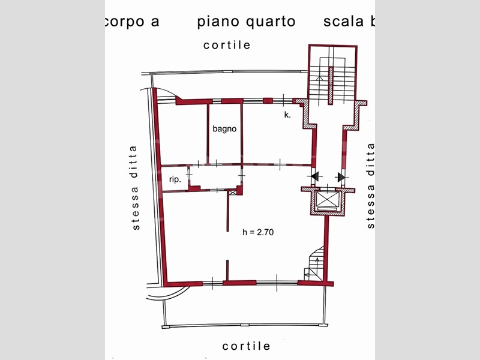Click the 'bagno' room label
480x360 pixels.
[x=224, y=129]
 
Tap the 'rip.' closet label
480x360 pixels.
[x=175, y=179]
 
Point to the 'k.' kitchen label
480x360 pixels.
[x=287, y=115]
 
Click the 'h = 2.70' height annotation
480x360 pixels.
[x=258, y=232]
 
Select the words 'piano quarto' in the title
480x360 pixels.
[x=246, y=22]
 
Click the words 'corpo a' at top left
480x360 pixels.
[x=132, y=22]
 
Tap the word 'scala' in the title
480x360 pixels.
[x=343, y=21]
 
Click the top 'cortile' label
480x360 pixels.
[x=227, y=45]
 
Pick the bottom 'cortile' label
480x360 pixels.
[x=246, y=346]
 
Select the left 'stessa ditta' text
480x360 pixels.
[x=134, y=188]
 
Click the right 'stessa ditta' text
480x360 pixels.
[x=370, y=185]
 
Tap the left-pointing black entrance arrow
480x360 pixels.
[x=316, y=176]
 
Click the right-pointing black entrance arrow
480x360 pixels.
[x=341, y=177]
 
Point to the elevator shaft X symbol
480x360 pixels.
[x=328, y=199]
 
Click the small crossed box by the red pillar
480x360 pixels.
[x=233, y=193]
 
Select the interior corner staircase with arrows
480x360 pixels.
[x=313, y=264]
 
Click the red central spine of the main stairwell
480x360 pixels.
[x=331, y=85]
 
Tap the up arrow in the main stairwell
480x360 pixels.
[x=320, y=79]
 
